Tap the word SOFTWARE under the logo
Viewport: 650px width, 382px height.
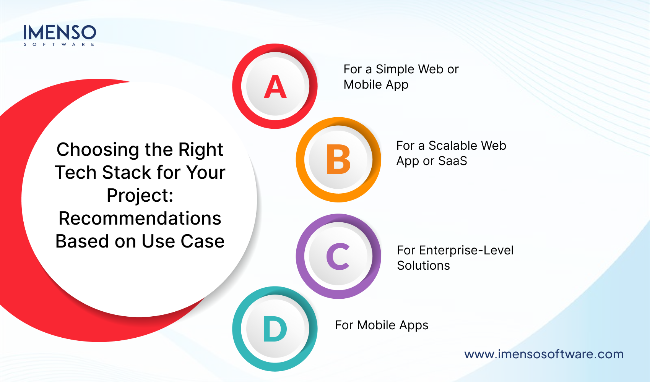pos(59,45)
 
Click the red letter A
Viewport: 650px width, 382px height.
pos(275,87)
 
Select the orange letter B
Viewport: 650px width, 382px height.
pos(338,160)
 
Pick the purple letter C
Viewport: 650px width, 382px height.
pos(338,256)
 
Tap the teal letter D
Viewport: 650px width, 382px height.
pos(275,329)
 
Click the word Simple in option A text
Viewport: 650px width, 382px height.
pos(395,69)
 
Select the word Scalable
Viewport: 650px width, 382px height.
pos(453,146)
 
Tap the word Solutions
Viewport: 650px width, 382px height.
pos(423,265)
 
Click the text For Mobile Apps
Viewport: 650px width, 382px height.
pos(382,325)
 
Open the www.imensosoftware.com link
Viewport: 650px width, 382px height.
pos(544,354)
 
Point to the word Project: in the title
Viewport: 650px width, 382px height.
pos(140,196)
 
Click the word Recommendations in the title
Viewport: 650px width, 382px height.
pos(140,219)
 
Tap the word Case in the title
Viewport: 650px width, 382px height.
pos(202,241)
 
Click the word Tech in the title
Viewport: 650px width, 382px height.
pos(76,173)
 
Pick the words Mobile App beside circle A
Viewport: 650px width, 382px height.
pos(376,84)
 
